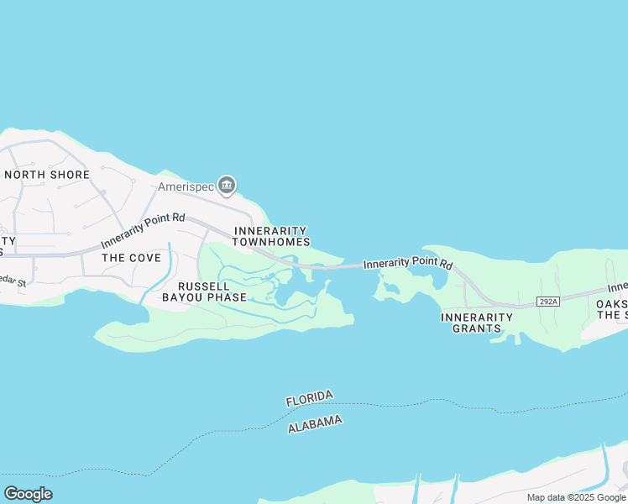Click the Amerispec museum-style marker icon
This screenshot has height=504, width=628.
point(226,185)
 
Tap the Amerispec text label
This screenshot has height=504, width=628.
point(186,186)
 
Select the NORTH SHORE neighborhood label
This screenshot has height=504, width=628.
point(47,175)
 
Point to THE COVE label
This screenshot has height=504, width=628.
point(131,258)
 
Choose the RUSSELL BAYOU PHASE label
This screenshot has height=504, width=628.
point(204,291)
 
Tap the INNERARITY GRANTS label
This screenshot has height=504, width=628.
point(477,323)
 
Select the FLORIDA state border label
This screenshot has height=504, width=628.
point(310,398)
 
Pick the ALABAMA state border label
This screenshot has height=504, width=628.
point(315,424)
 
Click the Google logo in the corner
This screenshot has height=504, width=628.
point(28,493)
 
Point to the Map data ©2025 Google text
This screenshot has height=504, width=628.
point(576,497)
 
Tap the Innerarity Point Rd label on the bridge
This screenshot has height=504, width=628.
point(408,263)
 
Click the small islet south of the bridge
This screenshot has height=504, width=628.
point(389,291)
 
